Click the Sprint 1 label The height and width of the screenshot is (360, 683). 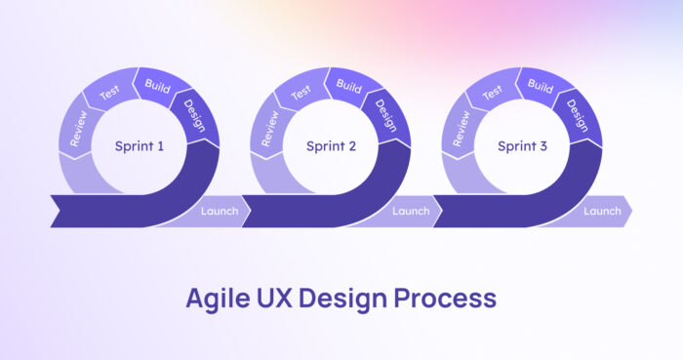coord(140,146)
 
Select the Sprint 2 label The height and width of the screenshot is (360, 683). coord(331,146)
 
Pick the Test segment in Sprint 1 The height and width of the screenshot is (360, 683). coord(109,93)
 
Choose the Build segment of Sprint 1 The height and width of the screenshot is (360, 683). coord(156,85)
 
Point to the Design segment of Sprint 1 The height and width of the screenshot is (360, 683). coord(194,114)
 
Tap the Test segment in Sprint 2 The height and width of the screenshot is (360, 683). coord(301,93)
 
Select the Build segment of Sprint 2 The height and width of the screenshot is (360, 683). coord(347,85)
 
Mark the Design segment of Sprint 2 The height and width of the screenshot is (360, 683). coord(385,114)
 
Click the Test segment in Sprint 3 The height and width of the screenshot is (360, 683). coord(492,93)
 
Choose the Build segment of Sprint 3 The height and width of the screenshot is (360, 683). coord(539,85)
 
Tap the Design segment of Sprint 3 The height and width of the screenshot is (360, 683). coord(577,114)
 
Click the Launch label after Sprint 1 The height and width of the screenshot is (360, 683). coord(220,211)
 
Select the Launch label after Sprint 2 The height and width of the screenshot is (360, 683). coord(411,211)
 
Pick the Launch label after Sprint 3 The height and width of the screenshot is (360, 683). coord(602,211)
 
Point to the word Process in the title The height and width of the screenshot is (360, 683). coord(450,298)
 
